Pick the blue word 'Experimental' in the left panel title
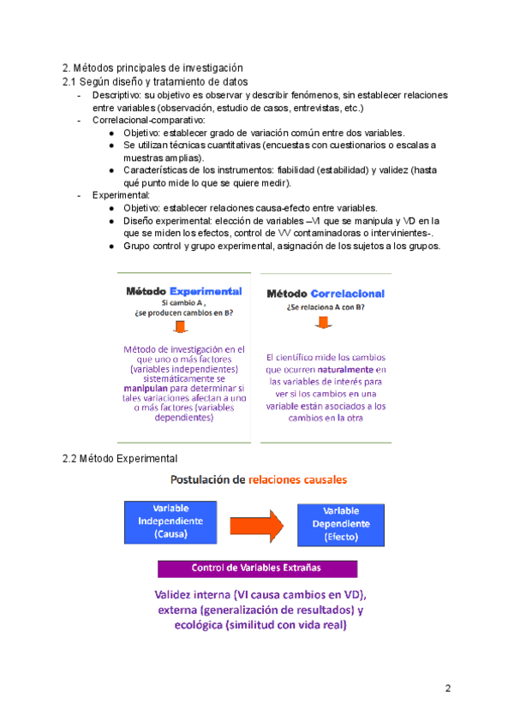206,291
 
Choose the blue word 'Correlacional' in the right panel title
348,294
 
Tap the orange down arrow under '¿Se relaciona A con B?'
327,324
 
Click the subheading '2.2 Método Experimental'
120,458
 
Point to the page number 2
448,690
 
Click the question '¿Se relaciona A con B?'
327,307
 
